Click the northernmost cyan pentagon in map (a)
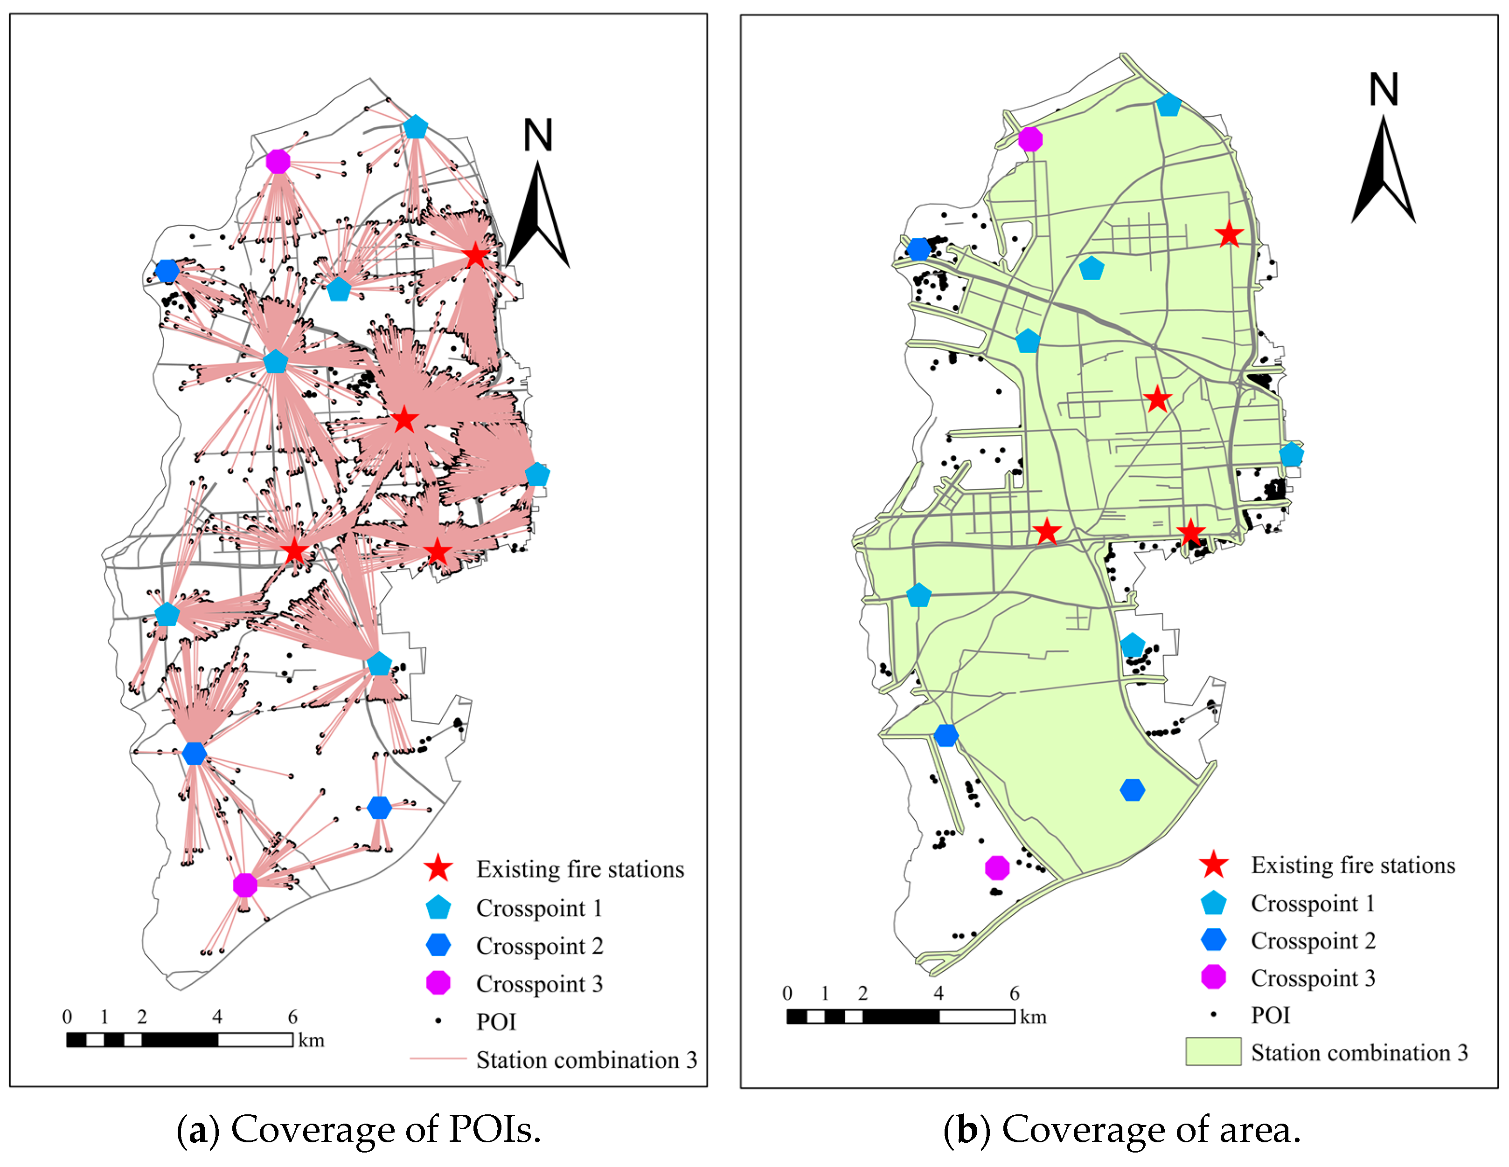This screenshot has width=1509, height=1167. point(415,128)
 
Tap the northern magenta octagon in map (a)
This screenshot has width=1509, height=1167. point(278,162)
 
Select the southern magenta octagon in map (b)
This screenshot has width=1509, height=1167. point(997,867)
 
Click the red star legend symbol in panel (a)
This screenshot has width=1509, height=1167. point(438,869)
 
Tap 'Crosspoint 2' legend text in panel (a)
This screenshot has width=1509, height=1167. point(540,945)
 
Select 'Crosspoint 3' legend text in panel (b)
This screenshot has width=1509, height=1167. point(1313,978)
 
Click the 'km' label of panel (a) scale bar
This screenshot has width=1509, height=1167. point(311,1040)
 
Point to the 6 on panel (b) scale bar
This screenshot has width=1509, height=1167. point(1014,993)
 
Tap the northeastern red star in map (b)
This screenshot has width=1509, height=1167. point(1229,235)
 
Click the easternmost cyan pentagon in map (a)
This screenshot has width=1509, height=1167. point(537,474)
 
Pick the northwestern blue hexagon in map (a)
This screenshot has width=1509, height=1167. point(167,271)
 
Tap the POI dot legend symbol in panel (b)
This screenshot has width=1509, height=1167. point(1213,1015)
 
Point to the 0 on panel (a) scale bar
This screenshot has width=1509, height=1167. point(67,1016)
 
